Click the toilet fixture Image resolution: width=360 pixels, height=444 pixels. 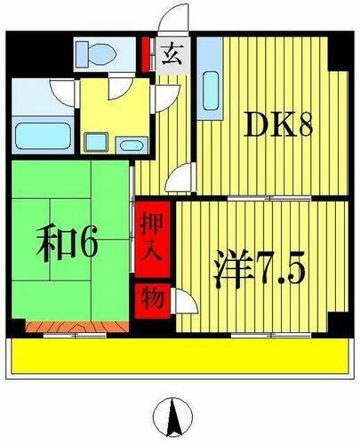pos(92,54)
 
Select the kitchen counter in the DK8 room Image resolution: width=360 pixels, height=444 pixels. pos(209,89)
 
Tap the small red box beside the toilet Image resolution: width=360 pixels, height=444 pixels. pos(147,50)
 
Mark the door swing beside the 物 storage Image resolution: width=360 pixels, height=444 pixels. pos(185,301)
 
